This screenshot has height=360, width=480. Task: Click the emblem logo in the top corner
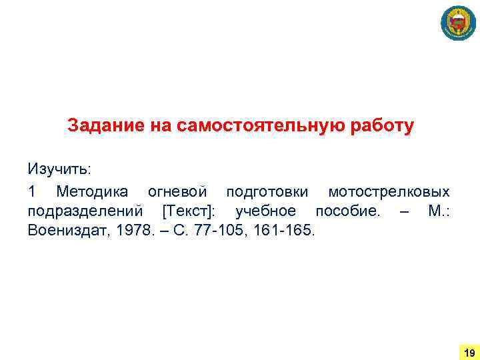pos(458,24)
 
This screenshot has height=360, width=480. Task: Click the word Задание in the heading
pos(99,126)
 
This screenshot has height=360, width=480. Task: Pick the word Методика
pos(93,192)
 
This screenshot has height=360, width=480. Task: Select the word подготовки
pos(267,192)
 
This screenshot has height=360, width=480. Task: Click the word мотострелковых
pos(389,192)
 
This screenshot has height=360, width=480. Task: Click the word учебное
pos(265,212)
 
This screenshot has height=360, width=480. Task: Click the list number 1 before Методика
pos(31,192)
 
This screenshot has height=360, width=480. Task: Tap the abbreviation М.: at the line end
pos(439,212)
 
